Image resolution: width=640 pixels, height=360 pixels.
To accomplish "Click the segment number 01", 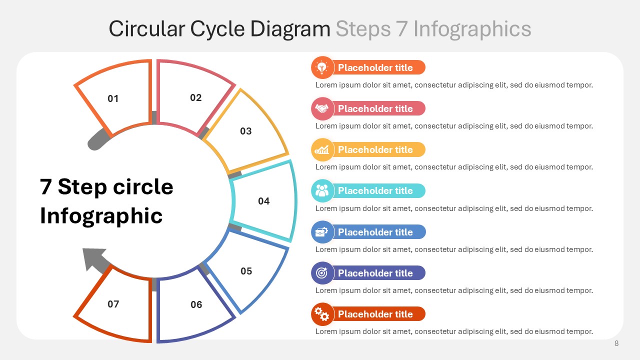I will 113,98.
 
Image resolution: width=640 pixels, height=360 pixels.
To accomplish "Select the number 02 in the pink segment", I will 196,97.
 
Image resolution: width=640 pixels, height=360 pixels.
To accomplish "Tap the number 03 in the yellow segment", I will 246,131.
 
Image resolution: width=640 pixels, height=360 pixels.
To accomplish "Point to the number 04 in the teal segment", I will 264,201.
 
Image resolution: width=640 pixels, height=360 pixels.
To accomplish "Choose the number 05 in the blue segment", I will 246,271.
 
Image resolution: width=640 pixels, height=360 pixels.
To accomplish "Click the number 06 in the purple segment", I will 196,304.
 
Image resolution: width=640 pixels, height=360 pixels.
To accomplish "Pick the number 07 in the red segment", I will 113,304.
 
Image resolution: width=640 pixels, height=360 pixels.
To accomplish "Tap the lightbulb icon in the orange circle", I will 322,67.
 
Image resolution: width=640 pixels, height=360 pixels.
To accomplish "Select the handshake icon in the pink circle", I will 322,108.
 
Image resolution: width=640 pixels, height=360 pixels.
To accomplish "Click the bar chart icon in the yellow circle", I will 322,149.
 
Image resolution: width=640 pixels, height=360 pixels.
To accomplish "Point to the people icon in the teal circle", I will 322,190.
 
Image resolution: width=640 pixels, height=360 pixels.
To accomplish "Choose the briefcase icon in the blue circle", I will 322,232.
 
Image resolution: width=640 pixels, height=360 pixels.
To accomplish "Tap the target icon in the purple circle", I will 322,273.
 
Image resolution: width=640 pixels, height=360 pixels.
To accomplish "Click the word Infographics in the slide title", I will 472,29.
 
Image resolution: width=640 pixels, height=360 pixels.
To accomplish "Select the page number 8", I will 616,343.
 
